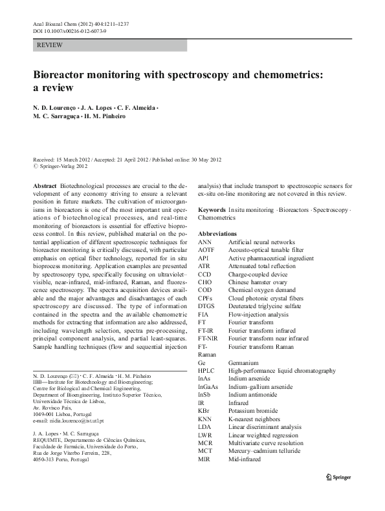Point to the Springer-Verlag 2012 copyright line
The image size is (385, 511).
tap(63, 165)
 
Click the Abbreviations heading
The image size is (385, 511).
tap(217, 233)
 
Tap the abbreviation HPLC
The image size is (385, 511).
tap(206, 371)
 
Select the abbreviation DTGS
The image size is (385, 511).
tap(206, 306)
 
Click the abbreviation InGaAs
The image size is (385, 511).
tap(208, 387)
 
